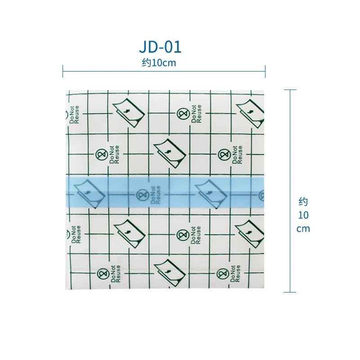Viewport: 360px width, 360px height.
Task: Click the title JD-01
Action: tap(160, 47)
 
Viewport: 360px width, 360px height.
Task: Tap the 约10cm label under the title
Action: tap(159, 63)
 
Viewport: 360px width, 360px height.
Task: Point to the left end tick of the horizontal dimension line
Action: tap(63, 71)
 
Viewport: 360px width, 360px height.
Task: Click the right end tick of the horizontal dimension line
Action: tap(265, 71)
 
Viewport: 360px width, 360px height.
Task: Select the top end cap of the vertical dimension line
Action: tap(290, 90)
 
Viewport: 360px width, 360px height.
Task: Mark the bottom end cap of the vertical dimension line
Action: tap(290, 292)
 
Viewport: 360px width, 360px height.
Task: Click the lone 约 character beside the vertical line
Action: tap(303, 202)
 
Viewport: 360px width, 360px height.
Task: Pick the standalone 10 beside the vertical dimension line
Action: tap(303, 215)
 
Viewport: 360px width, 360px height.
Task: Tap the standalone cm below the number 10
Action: tap(303, 229)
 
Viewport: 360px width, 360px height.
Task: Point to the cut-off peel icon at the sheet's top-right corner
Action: tap(250, 111)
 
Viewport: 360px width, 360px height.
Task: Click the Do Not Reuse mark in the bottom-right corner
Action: tap(229, 273)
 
